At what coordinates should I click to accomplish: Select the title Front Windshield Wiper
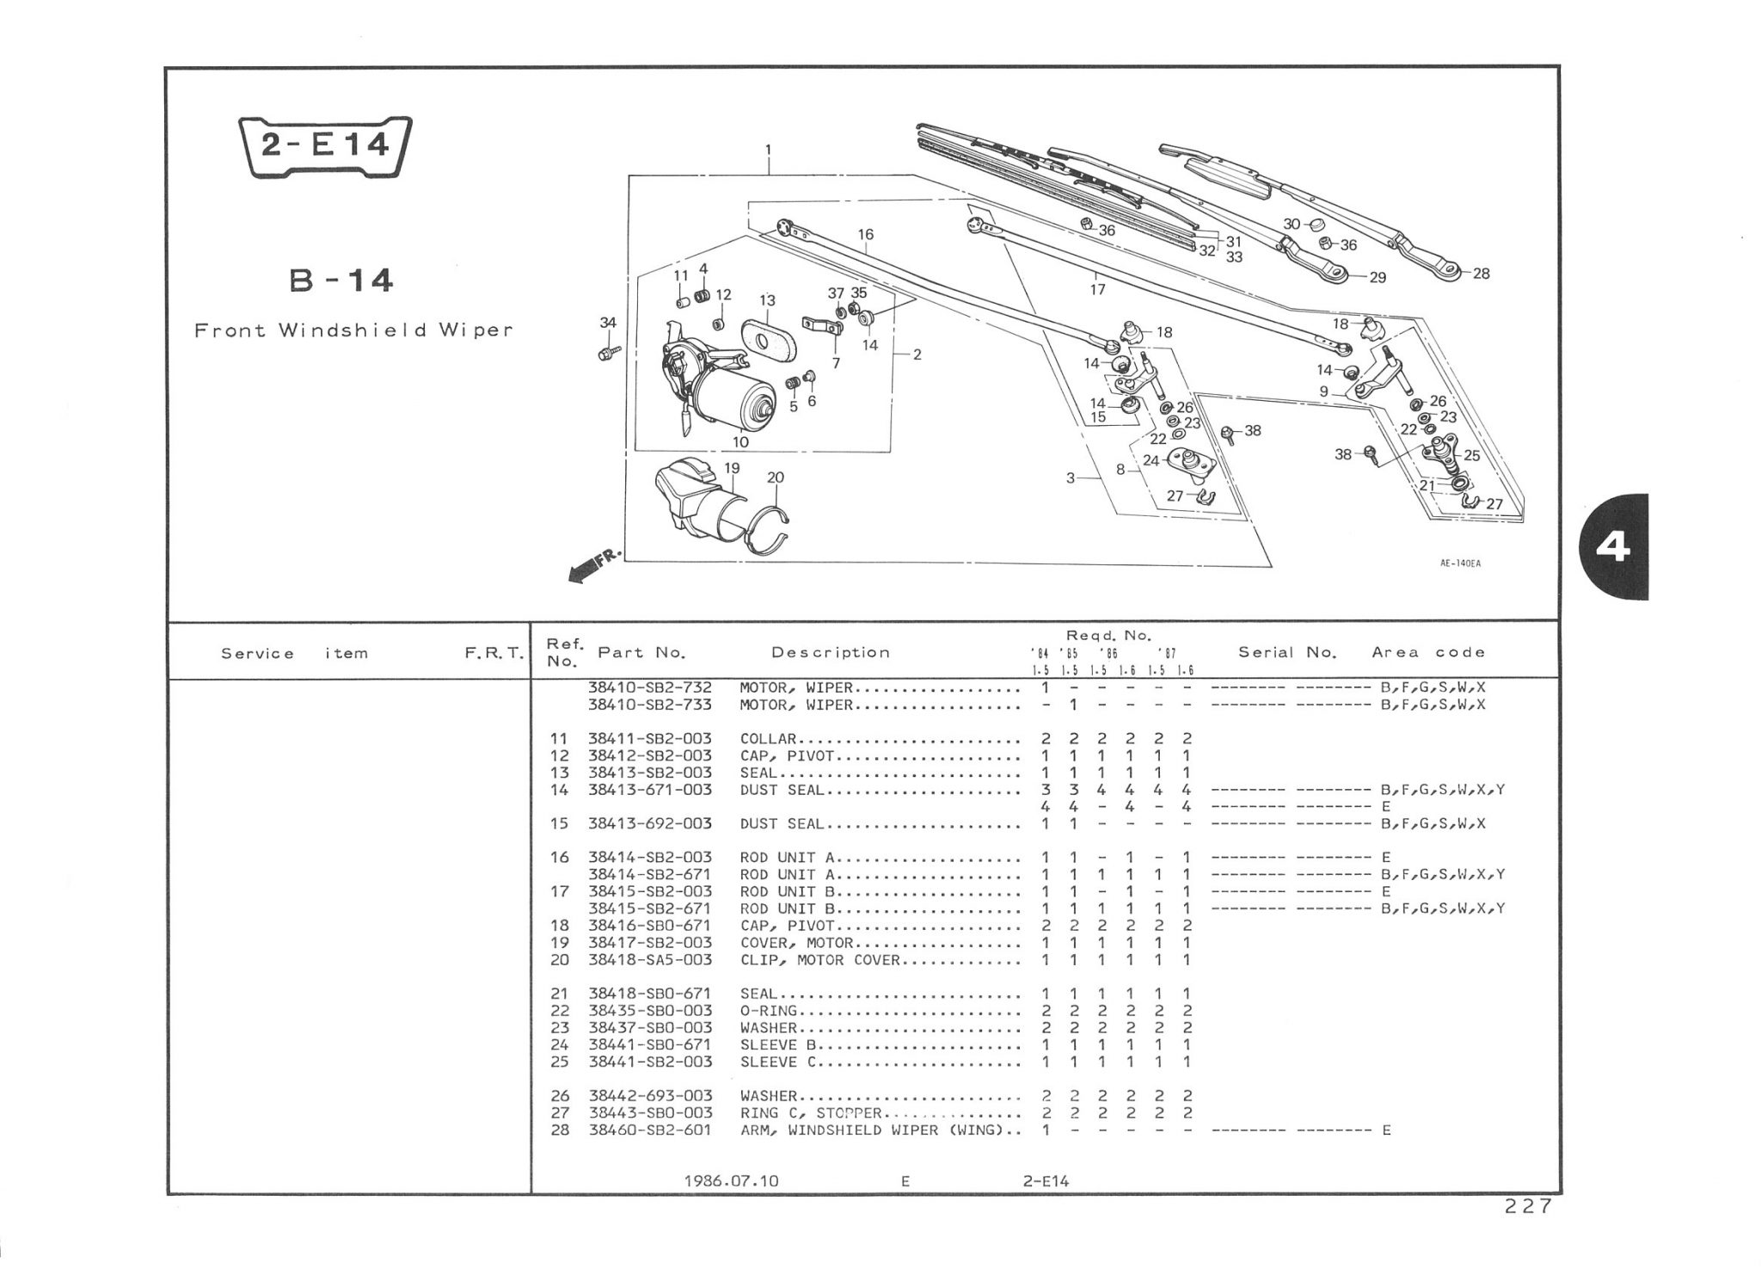pyautogui.click(x=353, y=330)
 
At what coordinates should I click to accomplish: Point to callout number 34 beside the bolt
pyautogui.click(x=608, y=323)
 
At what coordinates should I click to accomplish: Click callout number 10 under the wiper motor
pyautogui.click(x=740, y=442)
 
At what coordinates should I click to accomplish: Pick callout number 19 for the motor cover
pyautogui.click(x=732, y=469)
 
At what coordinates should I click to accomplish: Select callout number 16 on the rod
pyautogui.click(x=865, y=234)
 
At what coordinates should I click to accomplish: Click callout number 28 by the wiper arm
pyautogui.click(x=1481, y=274)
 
